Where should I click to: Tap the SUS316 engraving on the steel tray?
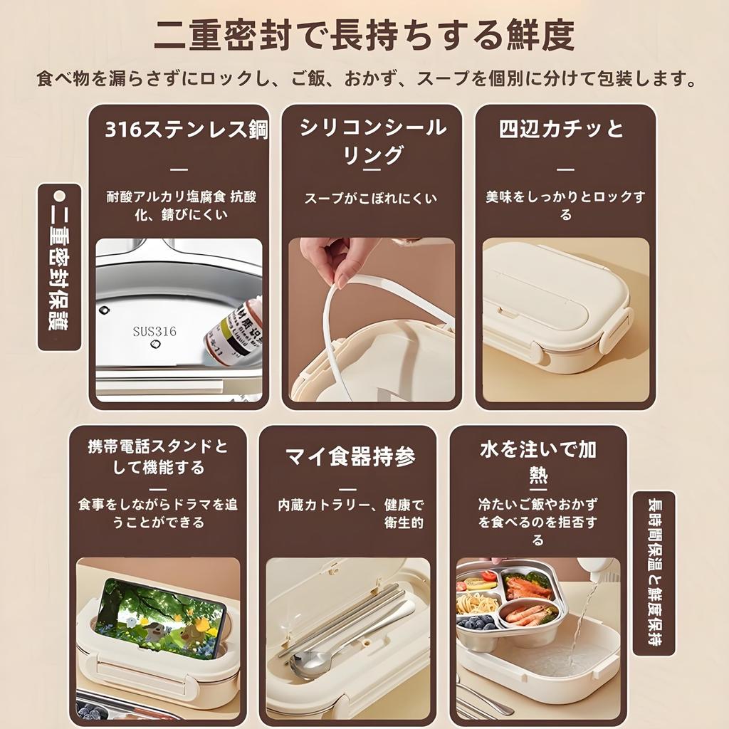pos(154,331)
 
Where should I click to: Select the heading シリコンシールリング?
pos(372,141)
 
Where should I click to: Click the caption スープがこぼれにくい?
pos(371,199)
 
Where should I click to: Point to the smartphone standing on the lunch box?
pos(160,617)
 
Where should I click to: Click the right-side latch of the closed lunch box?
pos(616,330)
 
